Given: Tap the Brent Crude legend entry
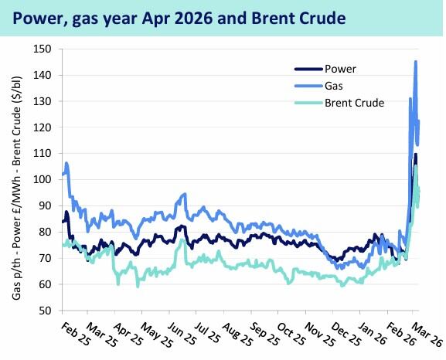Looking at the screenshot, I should (355, 102).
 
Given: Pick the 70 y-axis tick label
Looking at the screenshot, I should (43, 258).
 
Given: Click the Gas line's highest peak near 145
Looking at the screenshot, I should (416, 62).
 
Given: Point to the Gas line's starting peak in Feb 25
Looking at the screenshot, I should (67, 163).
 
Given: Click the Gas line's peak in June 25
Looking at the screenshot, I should (184, 194).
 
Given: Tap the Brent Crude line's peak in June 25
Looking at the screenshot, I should (182, 240).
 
